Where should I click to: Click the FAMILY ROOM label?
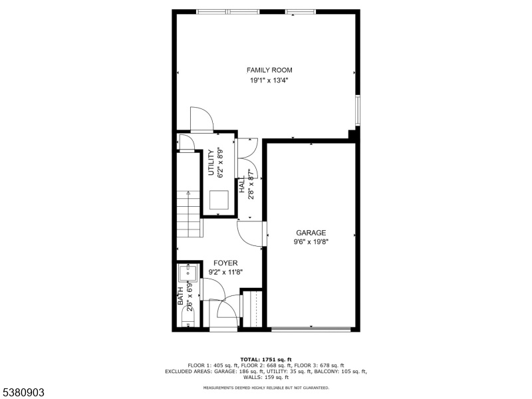click(x=269, y=70)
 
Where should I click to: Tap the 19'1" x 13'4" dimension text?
click(x=269, y=80)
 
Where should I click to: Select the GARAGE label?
click(x=311, y=233)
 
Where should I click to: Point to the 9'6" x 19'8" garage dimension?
click(x=311, y=242)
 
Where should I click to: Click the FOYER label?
click(x=225, y=263)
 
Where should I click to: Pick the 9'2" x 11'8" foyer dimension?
click(x=225, y=272)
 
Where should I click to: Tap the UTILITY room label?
click(x=211, y=163)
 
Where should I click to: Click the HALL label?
click(x=242, y=184)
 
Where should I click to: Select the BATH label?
click(x=180, y=296)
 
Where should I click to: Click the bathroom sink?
click(x=188, y=273)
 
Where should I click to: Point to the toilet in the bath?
click(x=188, y=320)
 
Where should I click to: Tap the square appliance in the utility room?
click(x=219, y=200)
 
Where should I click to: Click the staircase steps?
click(x=190, y=214)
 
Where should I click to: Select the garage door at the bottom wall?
click(x=311, y=329)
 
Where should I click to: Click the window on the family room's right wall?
click(x=357, y=110)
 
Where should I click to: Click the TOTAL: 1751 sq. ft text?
click(x=266, y=360)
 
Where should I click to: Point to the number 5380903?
click(x=23, y=392)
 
